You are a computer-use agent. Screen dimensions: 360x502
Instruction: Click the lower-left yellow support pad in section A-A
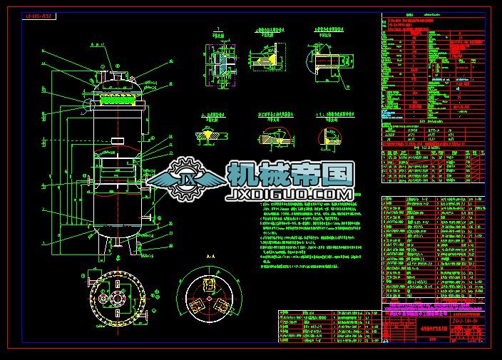click(196, 307)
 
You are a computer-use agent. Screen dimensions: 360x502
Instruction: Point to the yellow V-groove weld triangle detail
click(212, 133)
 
